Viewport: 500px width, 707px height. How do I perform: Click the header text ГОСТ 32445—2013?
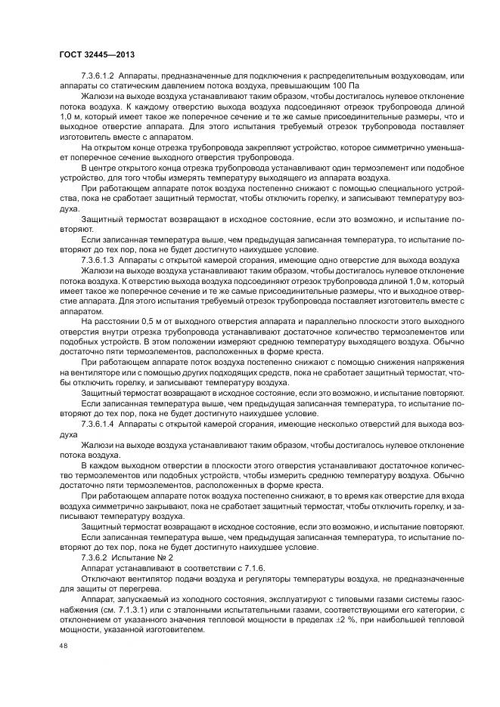point(96,54)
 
